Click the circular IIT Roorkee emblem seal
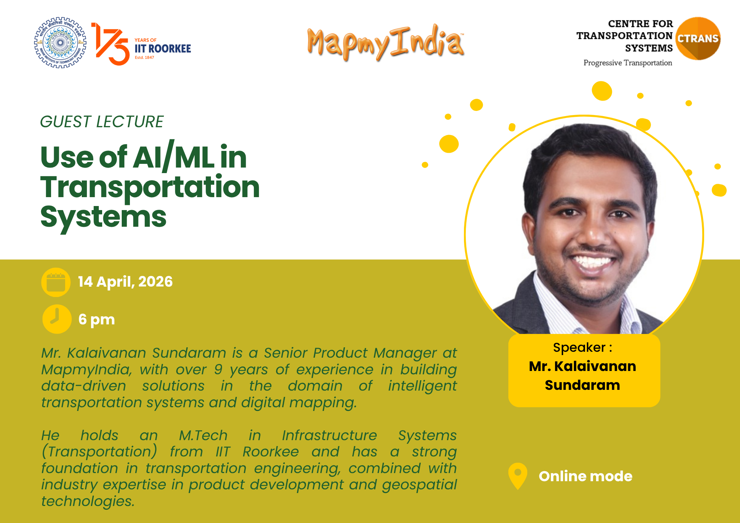click(60, 43)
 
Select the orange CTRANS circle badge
click(698, 38)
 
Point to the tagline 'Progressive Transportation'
click(628, 63)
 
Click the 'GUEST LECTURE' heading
click(102, 122)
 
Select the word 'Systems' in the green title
click(104, 217)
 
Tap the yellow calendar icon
click(56, 282)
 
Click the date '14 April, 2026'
click(125, 282)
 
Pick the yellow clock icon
click(57, 319)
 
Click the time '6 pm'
click(97, 320)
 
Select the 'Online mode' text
click(586, 476)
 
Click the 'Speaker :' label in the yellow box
click(583, 348)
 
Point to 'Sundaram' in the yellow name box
click(582, 385)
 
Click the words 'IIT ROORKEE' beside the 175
click(163, 48)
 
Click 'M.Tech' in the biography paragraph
click(203, 435)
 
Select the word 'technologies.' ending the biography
click(88, 501)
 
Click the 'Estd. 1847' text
click(144, 58)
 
